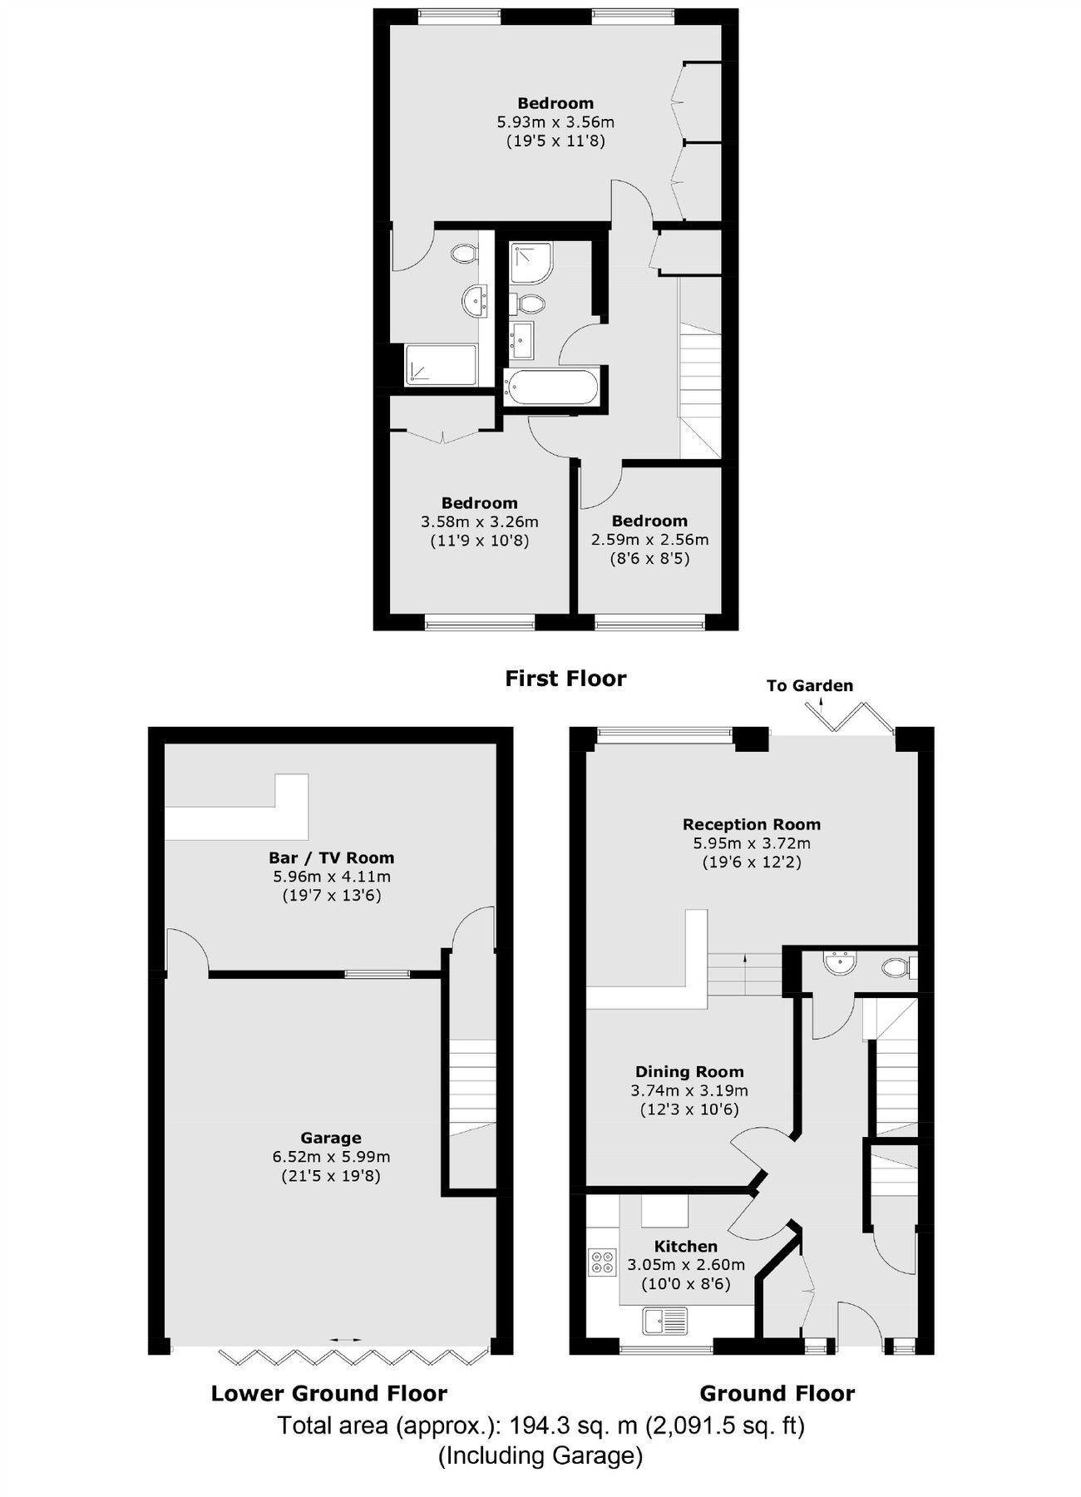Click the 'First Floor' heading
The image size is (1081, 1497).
565,679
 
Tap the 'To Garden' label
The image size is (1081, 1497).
809,685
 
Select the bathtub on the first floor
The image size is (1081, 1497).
551,388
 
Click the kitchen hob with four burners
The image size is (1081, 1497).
601,1262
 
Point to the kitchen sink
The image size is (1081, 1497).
664,1319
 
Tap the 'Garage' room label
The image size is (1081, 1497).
331,1138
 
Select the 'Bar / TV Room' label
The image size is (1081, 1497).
331,857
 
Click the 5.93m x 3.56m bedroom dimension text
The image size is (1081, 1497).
555,122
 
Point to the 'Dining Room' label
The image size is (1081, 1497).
689,1072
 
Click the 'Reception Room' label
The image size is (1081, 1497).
751,824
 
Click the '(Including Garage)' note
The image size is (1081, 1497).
540,1455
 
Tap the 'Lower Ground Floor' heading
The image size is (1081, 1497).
328,1394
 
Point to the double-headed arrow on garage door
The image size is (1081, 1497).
345,1340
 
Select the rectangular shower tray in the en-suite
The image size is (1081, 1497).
442,365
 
